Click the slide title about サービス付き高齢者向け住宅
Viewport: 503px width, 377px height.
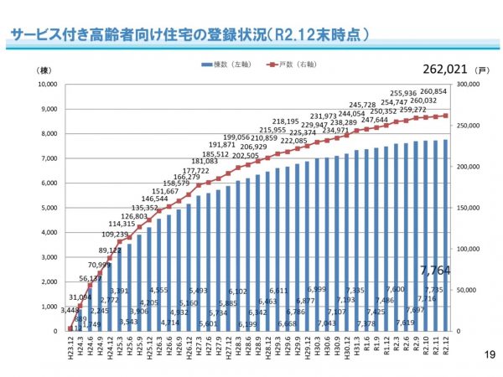[x=189, y=36]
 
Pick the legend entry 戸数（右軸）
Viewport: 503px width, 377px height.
[x=293, y=64]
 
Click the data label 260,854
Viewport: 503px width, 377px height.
[x=433, y=90]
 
